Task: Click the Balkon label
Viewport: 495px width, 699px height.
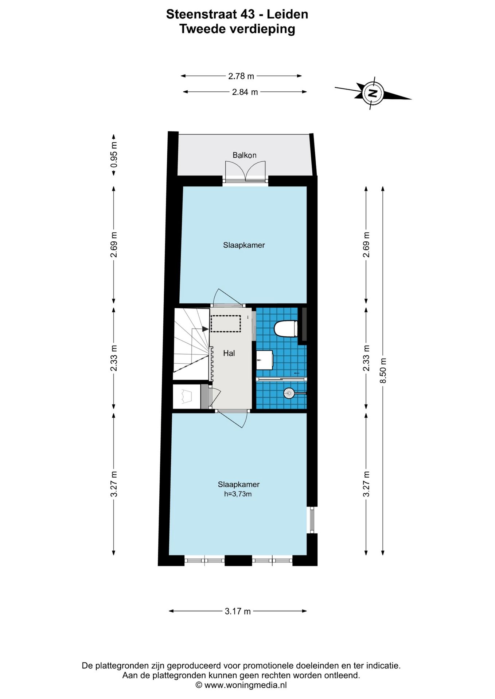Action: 245,155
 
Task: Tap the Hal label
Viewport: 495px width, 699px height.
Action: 229,353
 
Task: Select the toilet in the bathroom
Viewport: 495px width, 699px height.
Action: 286,329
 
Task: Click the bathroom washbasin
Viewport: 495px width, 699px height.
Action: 265,360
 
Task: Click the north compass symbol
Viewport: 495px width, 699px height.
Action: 373,93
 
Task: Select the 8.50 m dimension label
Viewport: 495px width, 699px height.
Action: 383,371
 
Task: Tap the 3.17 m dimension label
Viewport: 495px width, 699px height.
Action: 238,611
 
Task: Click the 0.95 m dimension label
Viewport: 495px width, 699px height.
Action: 114,154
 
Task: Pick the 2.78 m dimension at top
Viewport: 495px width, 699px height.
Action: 241,76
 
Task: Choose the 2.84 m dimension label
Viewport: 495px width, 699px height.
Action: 245,92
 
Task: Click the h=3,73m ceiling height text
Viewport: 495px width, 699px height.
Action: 238,494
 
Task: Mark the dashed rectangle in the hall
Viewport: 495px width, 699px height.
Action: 226,324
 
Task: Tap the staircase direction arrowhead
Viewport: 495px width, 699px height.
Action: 206,329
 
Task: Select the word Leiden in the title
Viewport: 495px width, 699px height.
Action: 287,14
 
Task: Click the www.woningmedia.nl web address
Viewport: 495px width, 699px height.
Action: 245,685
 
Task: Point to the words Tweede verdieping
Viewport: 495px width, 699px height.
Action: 237,29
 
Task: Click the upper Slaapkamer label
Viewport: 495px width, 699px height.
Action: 244,245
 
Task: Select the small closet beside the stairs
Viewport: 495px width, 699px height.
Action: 187,396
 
